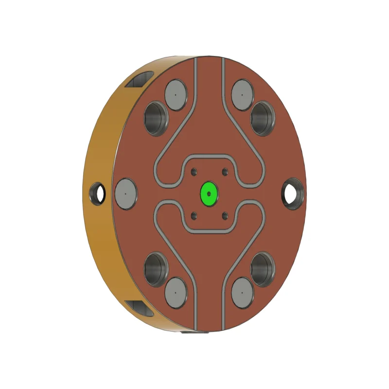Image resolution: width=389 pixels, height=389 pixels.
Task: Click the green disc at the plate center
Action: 209,194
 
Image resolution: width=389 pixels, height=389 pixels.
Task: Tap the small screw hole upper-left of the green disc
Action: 194,172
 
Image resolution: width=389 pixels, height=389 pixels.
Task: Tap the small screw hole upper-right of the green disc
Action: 224,172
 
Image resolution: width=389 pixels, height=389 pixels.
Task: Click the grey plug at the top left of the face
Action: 176,92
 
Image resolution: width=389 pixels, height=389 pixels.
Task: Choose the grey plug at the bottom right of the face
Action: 242,292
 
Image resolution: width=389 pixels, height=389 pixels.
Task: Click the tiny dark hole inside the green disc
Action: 209,194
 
